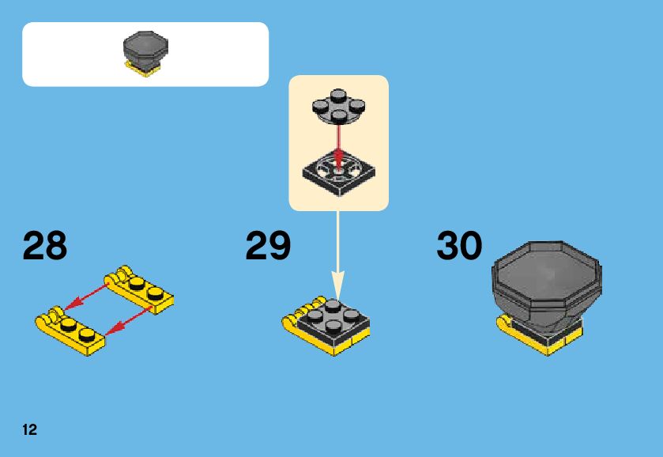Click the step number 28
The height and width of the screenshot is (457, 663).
(x=45, y=246)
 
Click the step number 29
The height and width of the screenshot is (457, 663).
(x=268, y=246)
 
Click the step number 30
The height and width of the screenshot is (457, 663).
(x=459, y=246)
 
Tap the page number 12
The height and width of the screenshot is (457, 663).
(x=30, y=429)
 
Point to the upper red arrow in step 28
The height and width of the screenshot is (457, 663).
(x=86, y=294)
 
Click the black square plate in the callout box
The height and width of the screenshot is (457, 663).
(x=338, y=169)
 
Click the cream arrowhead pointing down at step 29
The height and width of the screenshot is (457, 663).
(x=338, y=284)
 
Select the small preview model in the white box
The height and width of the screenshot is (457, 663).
(x=144, y=54)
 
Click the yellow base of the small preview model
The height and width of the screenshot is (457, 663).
(x=143, y=71)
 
